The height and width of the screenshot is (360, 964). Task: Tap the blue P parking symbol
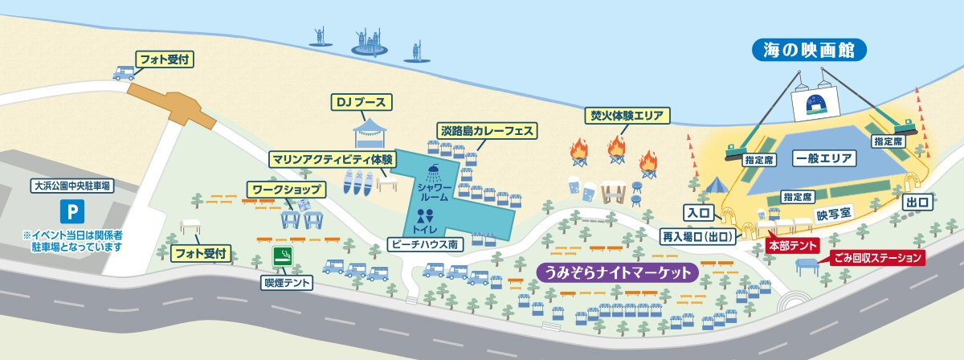tap(72, 213)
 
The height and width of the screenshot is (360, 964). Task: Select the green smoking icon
tap(283, 256)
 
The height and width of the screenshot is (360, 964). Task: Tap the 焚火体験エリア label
tap(626, 116)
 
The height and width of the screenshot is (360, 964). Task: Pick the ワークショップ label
tap(287, 190)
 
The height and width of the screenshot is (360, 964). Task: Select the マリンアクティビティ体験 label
tap(332, 158)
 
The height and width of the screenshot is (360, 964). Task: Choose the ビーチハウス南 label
tap(427, 243)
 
